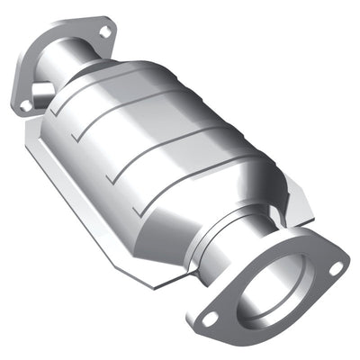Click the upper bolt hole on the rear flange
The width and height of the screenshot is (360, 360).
click(x=104, y=32)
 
